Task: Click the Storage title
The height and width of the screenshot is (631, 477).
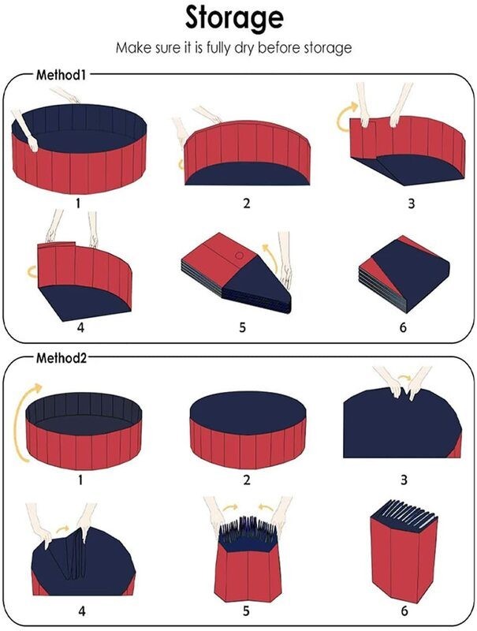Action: point(234,19)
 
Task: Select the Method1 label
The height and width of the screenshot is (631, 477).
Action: point(61,74)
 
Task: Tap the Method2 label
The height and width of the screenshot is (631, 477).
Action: point(61,357)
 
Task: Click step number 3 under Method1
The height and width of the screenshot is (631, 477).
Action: point(411,203)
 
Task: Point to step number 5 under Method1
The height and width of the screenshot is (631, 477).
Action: point(242,327)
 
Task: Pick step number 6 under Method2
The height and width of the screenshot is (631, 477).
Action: point(404,610)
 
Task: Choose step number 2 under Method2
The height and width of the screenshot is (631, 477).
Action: point(247,480)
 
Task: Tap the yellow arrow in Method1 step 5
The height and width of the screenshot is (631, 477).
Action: point(271,258)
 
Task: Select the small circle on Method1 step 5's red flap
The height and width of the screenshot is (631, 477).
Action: point(239,255)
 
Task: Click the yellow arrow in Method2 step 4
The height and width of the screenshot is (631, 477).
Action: point(63,528)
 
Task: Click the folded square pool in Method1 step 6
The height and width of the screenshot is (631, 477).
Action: point(404,274)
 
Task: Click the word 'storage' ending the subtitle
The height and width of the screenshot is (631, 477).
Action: point(327,48)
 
